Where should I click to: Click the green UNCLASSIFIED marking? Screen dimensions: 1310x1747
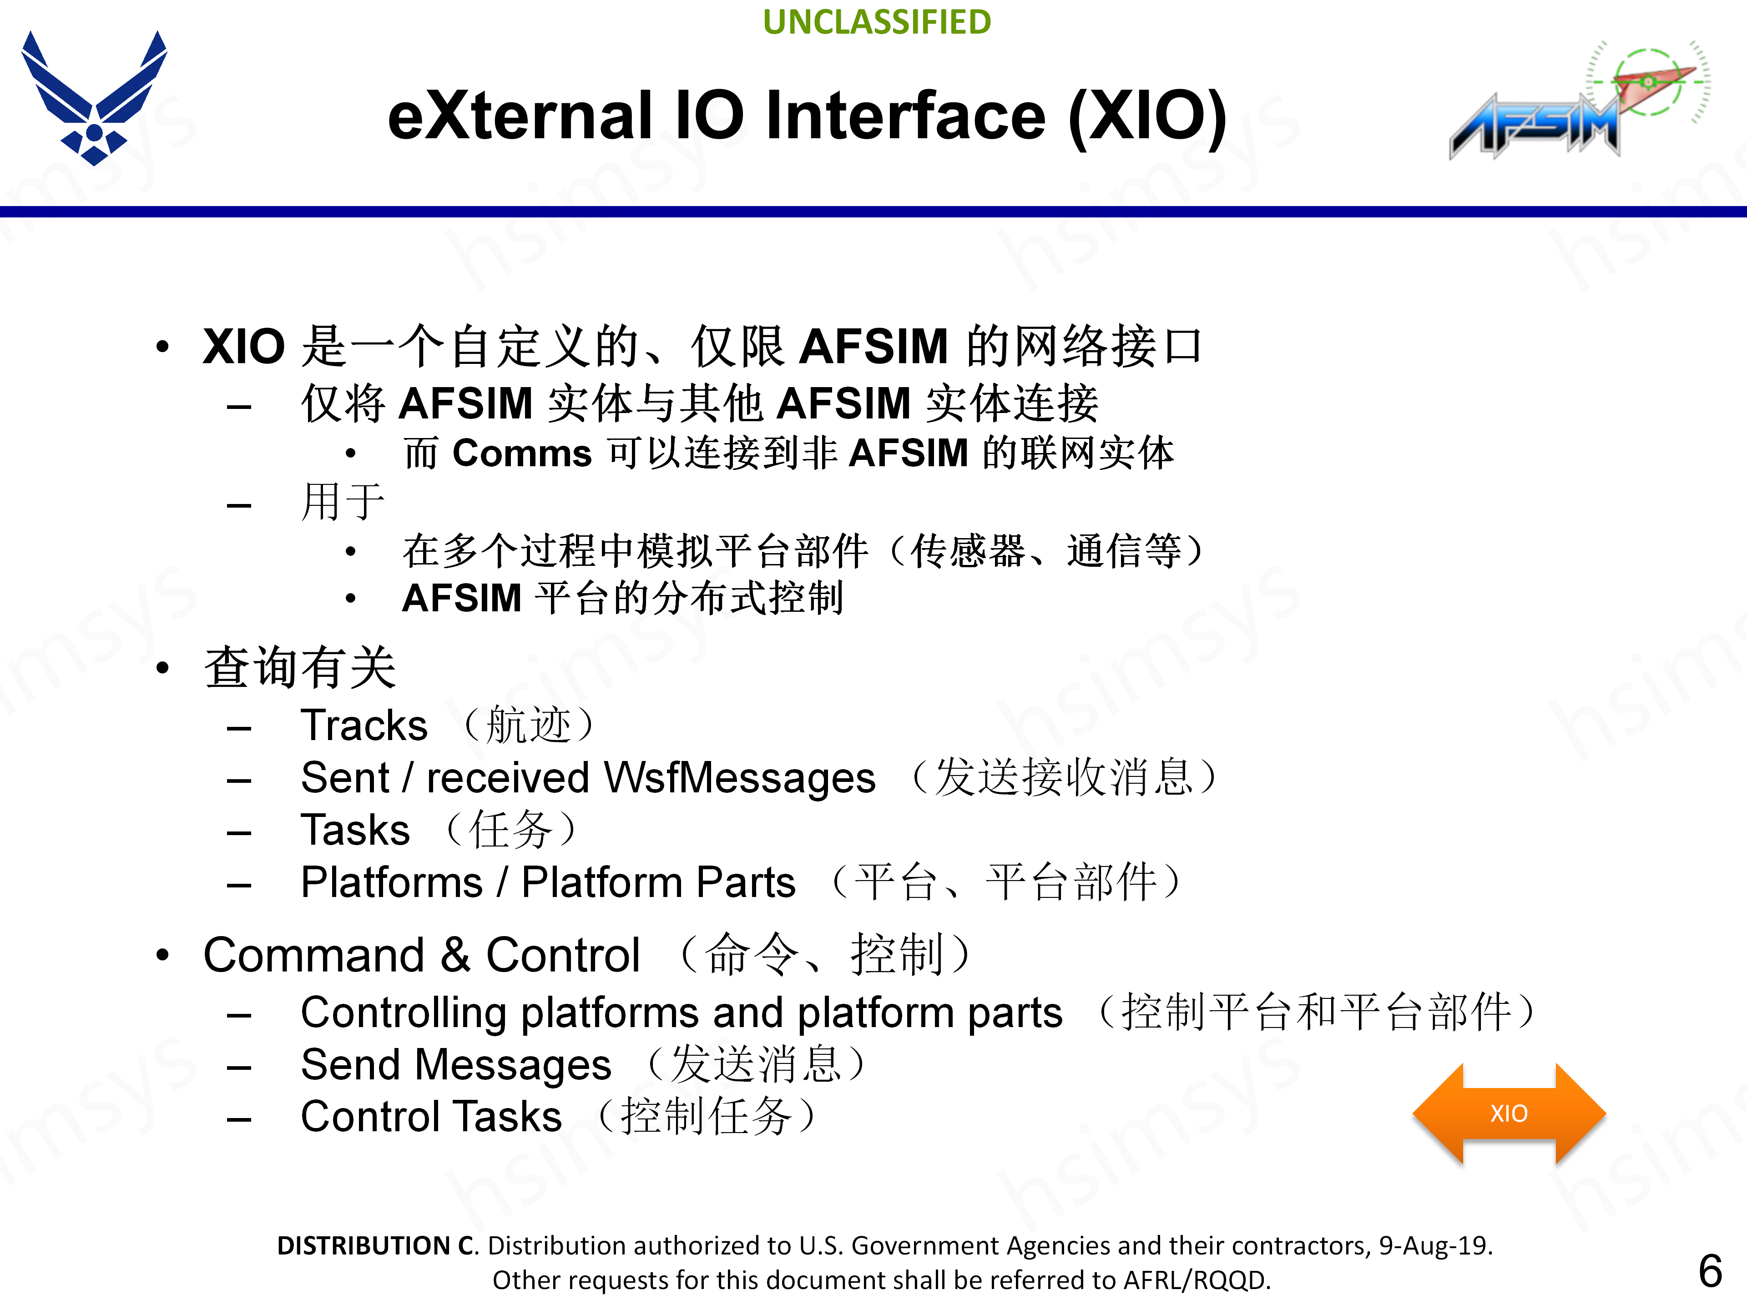coord(877,22)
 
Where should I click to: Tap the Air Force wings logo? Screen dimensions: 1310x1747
coord(94,99)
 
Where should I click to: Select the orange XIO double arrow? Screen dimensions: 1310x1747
coord(1509,1113)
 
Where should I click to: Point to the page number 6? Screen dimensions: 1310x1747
coord(1710,1271)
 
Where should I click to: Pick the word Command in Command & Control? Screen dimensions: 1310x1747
coord(314,956)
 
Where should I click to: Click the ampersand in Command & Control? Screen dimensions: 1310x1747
coord(456,956)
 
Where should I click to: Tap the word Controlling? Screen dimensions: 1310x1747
coord(403,1013)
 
